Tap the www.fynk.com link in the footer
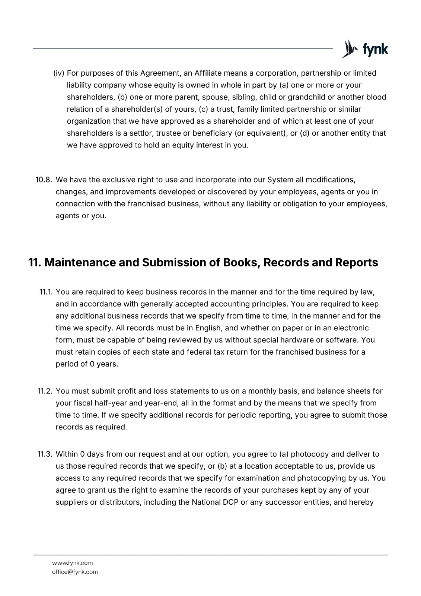(72, 563)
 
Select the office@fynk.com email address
(75, 572)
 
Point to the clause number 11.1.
(46, 292)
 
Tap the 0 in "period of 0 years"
(92, 364)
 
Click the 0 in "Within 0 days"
(83, 454)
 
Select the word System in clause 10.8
(280, 180)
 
